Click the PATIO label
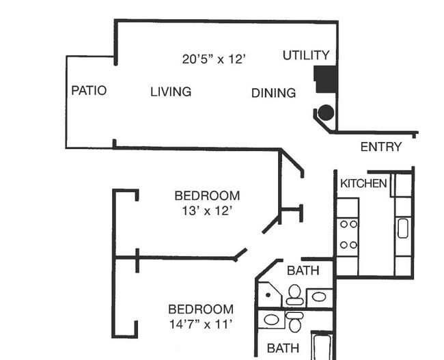tap(89, 91)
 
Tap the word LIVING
tap(171, 92)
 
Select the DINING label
tap(273, 93)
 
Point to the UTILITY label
tap(306, 55)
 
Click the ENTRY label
tap(381, 147)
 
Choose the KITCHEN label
tap(363, 184)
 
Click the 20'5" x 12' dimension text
tap(214, 59)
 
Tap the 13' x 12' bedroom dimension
tap(207, 211)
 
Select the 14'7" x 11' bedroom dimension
tap(201, 324)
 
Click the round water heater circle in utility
tap(326, 113)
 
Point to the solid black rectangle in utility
tap(326, 79)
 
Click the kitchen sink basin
tap(402, 228)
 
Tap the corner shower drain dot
tap(268, 295)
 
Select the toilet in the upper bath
tap(295, 295)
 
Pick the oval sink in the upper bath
tap(319, 297)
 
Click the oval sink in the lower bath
tap(271, 320)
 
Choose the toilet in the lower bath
tap(295, 322)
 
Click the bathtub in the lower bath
tap(322, 347)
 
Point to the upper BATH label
tap(303, 271)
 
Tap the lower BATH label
tap(283, 348)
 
